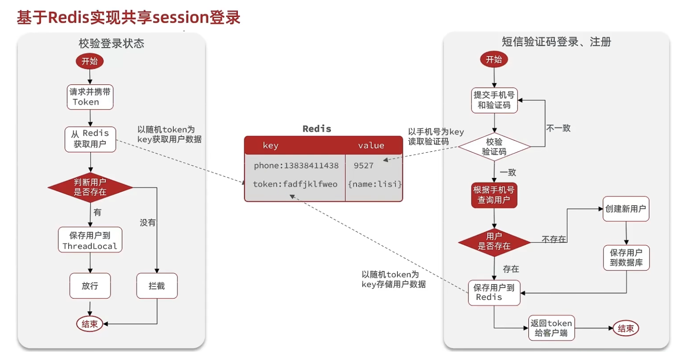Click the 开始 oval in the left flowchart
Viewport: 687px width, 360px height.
[x=89, y=61]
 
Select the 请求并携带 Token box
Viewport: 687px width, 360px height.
[x=89, y=97]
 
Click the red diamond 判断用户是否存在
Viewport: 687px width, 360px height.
[x=90, y=187]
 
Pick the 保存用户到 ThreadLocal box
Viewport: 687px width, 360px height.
[x=90, y=240]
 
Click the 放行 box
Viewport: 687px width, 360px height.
[x=90, y=286]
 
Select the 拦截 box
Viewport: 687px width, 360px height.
[x=157, y=286]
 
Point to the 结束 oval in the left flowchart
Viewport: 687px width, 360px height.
[x=90, y=324]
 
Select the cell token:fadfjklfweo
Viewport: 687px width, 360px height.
[x=295, y=184]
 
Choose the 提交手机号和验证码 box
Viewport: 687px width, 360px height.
[x=494, y=100]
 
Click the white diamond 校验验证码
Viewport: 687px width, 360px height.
[x=494, y=147]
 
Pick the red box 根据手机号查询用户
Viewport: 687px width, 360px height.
[x=494, y=195]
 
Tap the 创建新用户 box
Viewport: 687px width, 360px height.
[x=626, y=209]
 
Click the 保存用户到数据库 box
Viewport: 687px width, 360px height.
[x=626, y=257]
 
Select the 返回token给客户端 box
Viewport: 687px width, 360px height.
[x=550, y=328]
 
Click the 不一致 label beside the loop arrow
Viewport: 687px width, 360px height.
[x=558, y=128]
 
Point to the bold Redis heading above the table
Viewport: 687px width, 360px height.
[x=317, y=129]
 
